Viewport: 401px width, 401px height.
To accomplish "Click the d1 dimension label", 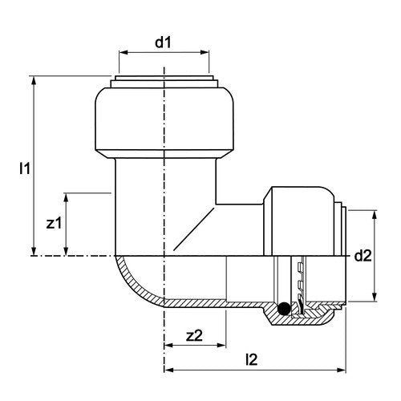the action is coord(163,43).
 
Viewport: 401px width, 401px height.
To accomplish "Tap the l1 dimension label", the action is coord(25,168).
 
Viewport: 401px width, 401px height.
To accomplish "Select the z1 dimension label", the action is coord(54,223).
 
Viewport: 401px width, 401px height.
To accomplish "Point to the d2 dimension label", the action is coord(363,256).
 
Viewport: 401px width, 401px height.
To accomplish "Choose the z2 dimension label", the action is coord(195,335).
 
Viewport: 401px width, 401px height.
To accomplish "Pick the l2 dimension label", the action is coord(251,359).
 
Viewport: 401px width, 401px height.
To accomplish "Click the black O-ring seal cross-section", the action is coord(284,310).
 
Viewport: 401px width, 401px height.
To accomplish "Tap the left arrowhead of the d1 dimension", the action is coord(123,52).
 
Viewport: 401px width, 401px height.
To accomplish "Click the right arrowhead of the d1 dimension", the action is coord(205,52).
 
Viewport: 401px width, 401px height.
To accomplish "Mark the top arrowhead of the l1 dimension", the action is coord(34,81).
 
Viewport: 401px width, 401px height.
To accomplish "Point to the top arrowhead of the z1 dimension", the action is coord(67,197).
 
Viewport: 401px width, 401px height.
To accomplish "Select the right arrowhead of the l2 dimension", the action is coord(342,370).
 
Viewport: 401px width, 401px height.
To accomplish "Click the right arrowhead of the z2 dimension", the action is coord(222,345).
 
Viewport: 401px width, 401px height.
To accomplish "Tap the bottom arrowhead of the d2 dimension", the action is coord(375,297).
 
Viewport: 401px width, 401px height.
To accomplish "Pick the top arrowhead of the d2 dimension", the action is coord(375,215).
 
